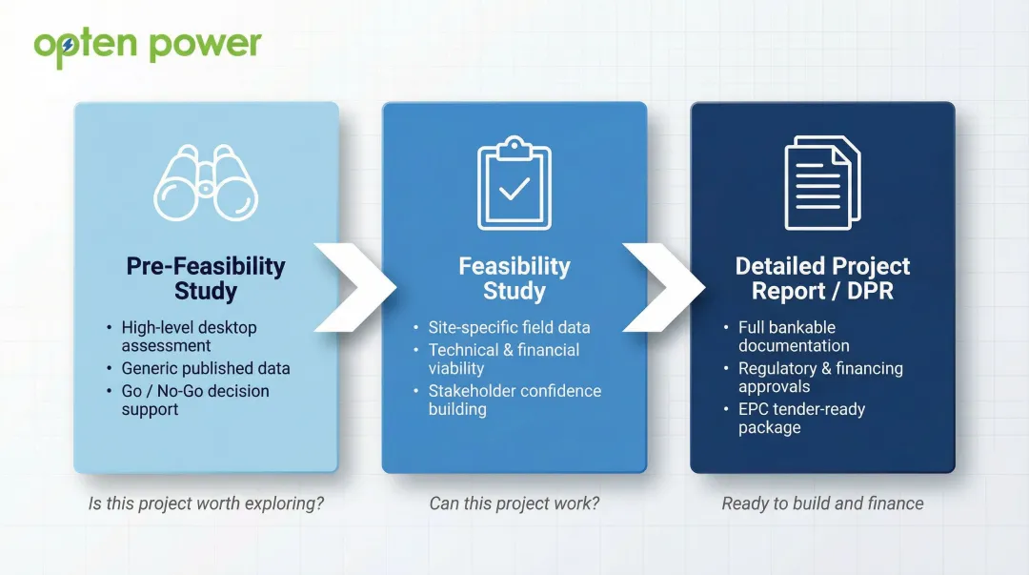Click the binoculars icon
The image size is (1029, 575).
(206, 183)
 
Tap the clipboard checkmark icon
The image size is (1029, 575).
(514, 183)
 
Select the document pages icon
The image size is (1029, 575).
(821, 183)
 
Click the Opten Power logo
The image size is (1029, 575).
(148, 44)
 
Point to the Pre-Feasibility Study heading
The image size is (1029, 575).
(206, 278)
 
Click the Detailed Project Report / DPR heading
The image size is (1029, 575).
(822, 278)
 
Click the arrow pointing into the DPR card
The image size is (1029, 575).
(663, 287)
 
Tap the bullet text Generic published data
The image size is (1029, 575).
(205, 368)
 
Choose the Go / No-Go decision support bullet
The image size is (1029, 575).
(194, 400)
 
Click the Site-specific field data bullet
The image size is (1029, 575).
(509, 327)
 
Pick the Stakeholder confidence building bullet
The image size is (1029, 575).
(514, 400)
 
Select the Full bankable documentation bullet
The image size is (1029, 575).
(793, 336)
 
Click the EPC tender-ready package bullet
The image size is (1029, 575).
(800, 418)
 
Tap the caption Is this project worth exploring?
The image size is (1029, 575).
(206, 503)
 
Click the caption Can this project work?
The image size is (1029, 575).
(514, 503)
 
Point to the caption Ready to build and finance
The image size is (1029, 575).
(822, 503)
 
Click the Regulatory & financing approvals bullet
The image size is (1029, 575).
(819, 377)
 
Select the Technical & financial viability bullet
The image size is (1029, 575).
(503, 359)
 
